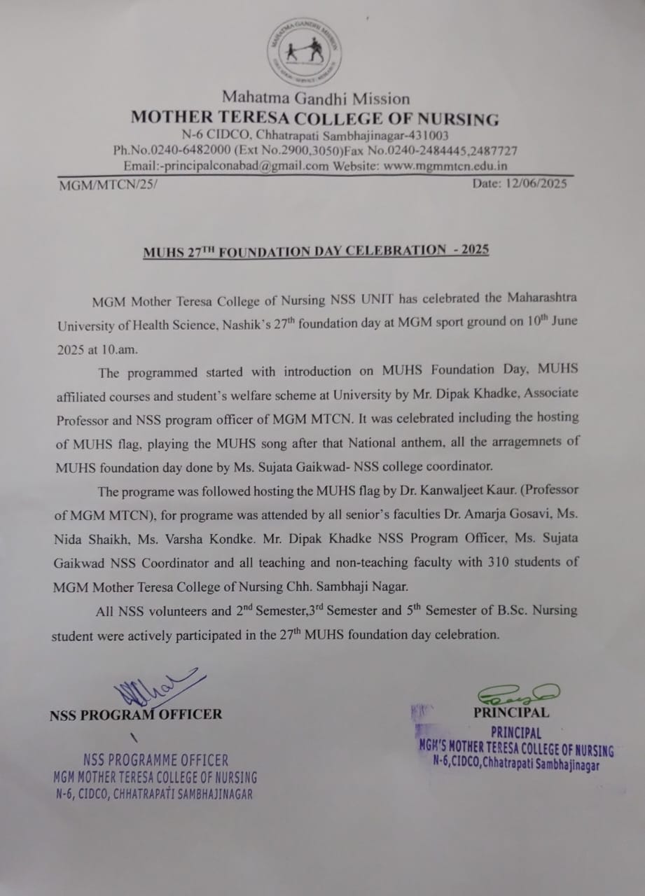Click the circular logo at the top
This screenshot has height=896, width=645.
305,51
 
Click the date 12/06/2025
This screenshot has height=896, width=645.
535,184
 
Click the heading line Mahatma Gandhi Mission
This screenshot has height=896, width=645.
316,98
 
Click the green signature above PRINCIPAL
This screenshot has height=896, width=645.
517,694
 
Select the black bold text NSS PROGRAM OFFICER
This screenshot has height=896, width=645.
136,715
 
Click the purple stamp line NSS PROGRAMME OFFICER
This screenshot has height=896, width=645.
155,760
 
